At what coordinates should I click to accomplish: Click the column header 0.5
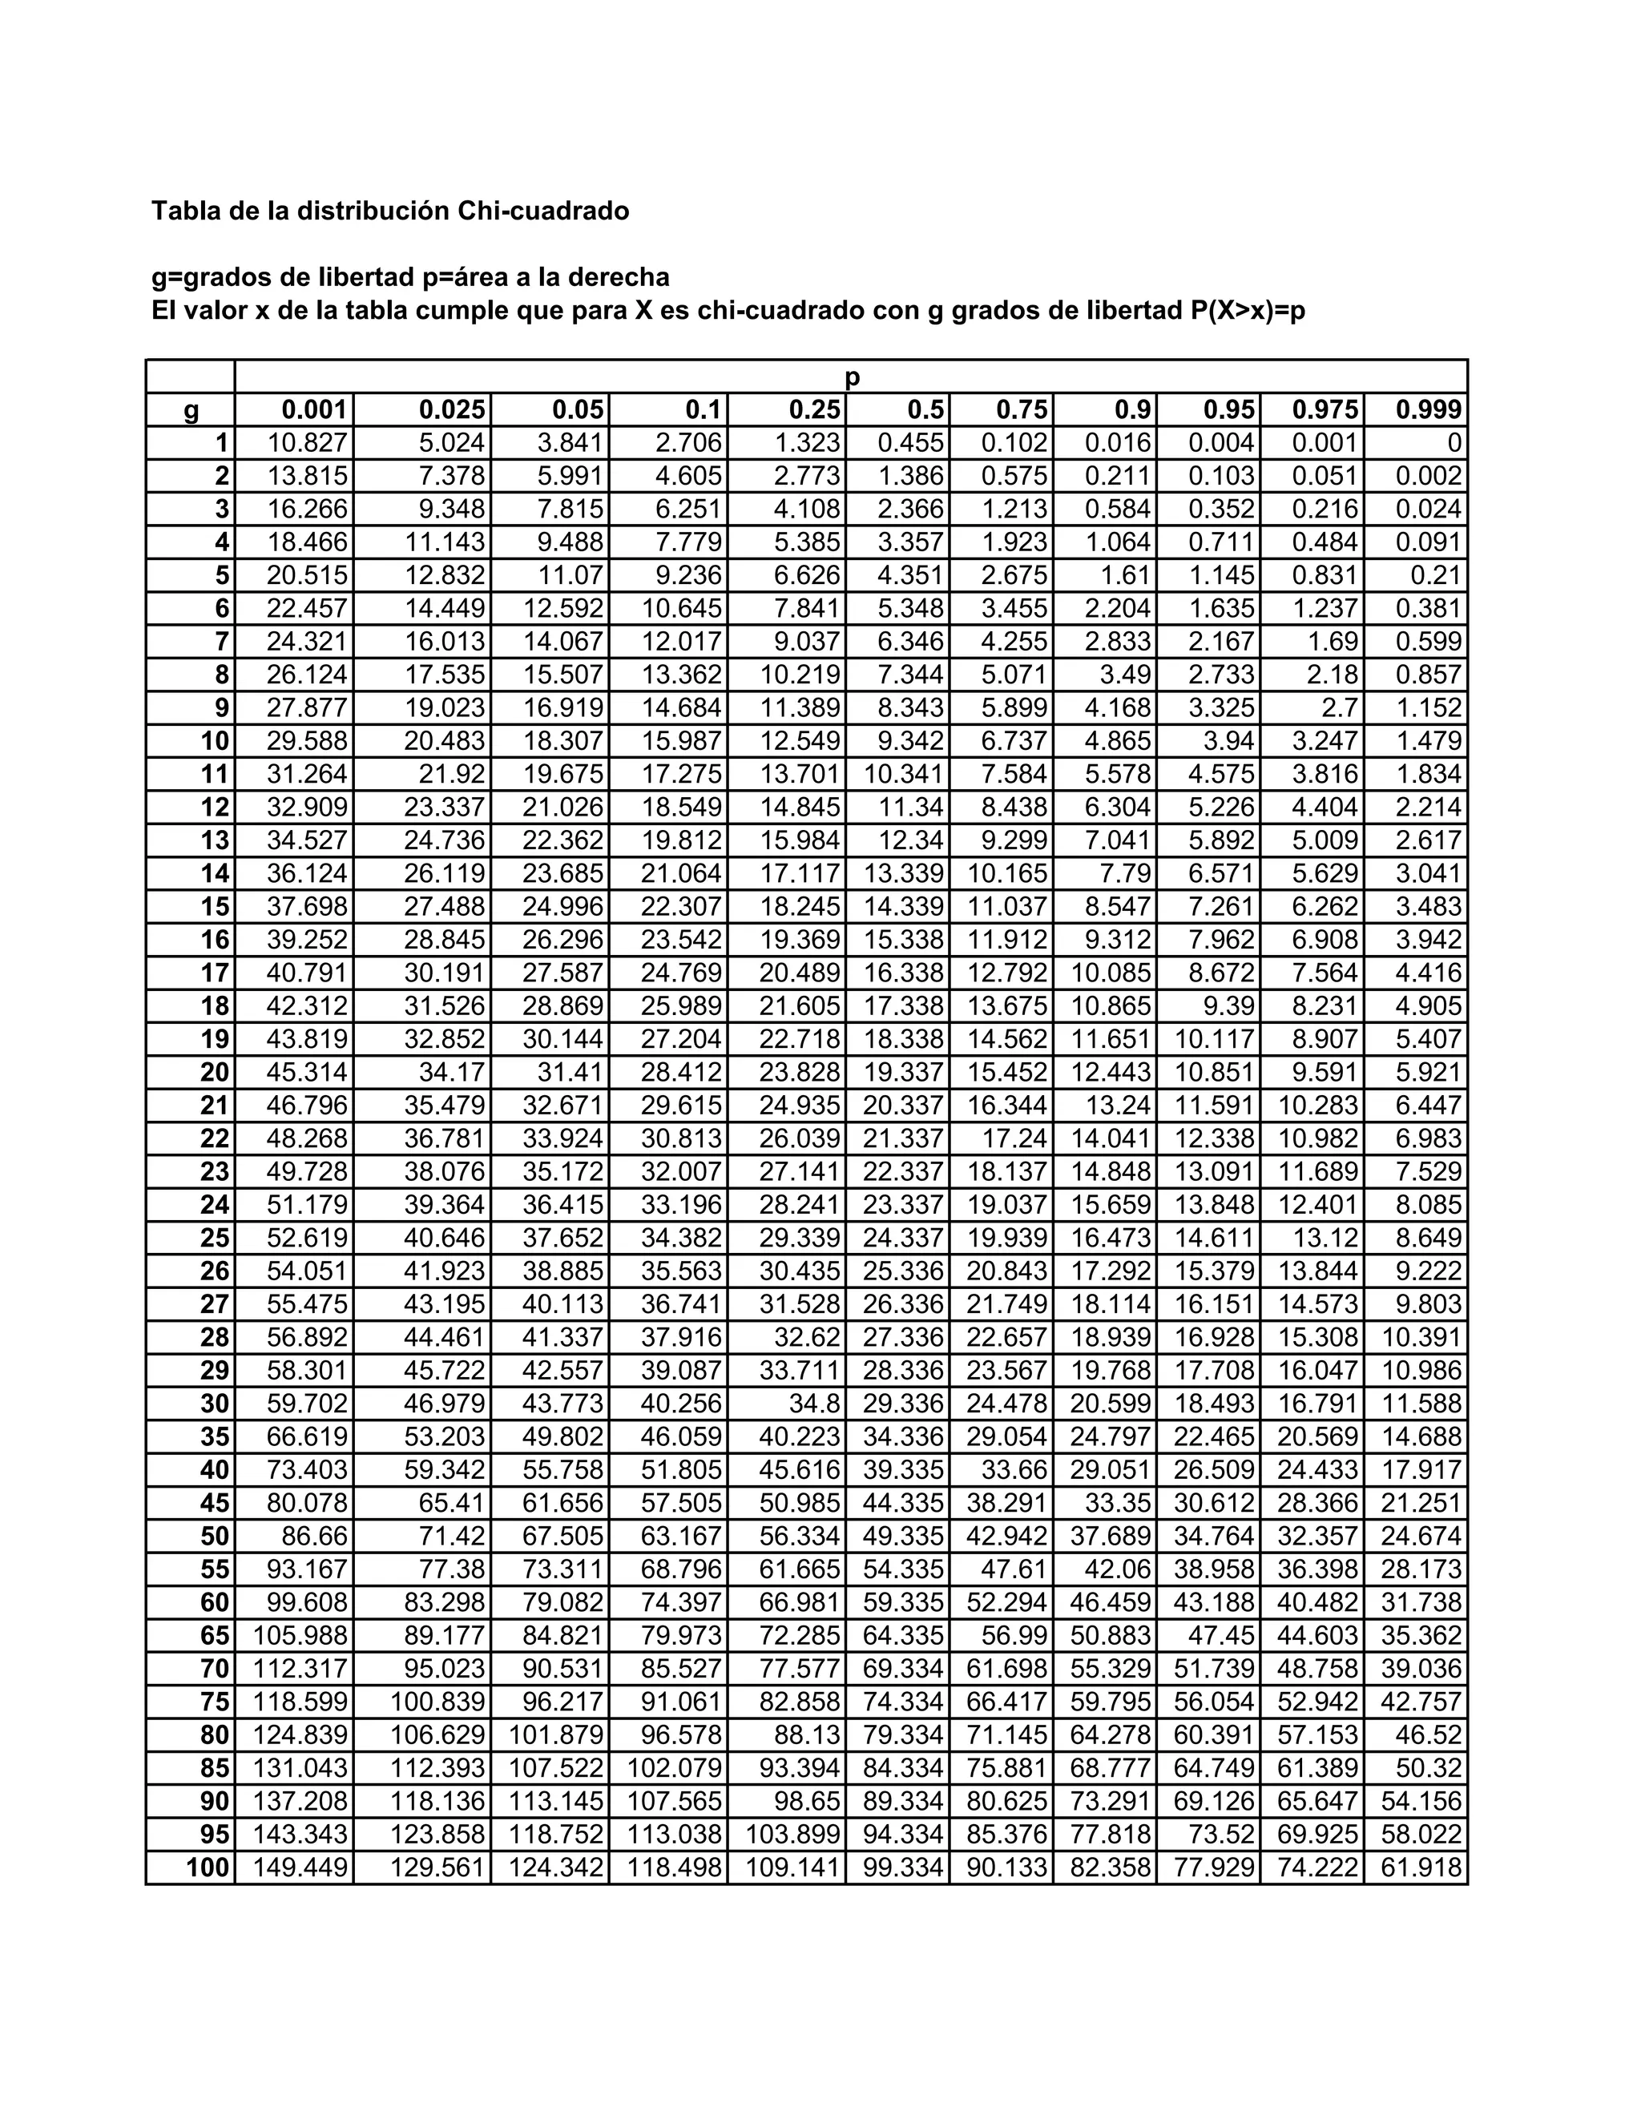(925, 409)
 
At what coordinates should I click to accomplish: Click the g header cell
(192, 410)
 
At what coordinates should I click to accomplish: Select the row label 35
(215, 1436)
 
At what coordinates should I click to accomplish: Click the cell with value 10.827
(307, 443)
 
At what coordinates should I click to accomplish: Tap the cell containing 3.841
(571, 443)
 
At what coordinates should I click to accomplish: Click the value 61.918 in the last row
(1421, 1867)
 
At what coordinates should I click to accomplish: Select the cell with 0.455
(911, 443)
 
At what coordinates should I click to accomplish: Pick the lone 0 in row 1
(1454, 443)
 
